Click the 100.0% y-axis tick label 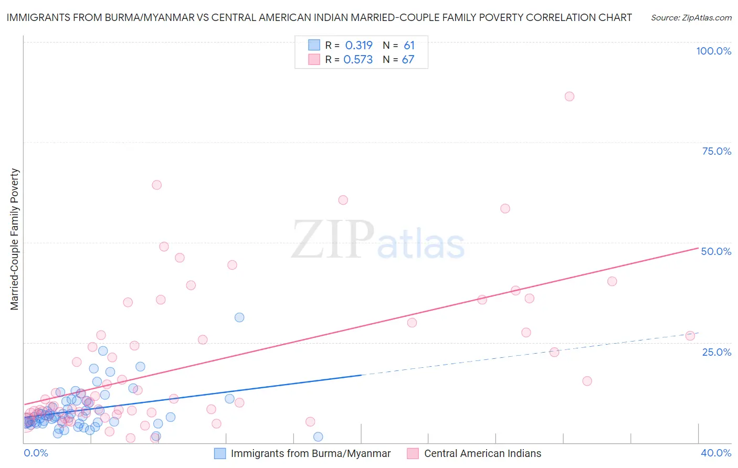coord(713,51)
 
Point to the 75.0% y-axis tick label coord(716,151)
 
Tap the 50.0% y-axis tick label coord(716,251)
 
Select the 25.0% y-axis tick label coord(716,352)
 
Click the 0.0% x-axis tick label coord(36,453)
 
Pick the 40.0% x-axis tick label coord(716,453)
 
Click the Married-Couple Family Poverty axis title coord(15,239)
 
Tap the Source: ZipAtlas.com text coord(691,17)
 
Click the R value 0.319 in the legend coord(359,45)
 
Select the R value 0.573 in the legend coord(358,59)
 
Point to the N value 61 coord(409,45)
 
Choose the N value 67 coord(408,59)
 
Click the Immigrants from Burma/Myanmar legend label coord(311,453)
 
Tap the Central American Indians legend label coord(482,453)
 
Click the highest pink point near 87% coord(570,97)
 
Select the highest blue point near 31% coord(239,317)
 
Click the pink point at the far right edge coord(690,336)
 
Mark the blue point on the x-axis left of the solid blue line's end coord(318,437)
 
